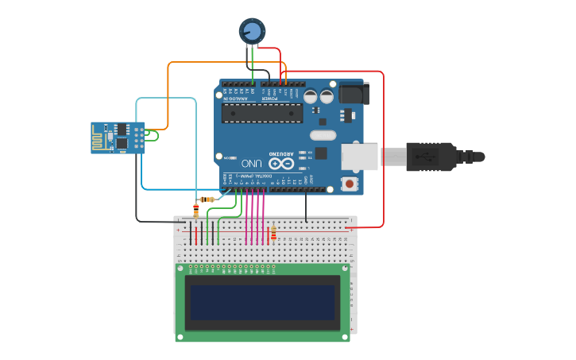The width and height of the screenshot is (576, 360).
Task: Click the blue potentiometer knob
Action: [x=252, y=31]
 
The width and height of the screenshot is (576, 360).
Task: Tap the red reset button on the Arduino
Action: [x=349, y=184]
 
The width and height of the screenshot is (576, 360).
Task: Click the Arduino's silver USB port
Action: [x=359, y=157]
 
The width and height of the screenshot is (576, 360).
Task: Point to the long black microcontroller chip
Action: [x=261, y=112]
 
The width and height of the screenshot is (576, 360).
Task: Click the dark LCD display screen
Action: [x=261, y=302]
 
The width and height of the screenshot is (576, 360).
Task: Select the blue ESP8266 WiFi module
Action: [x=118, y=137]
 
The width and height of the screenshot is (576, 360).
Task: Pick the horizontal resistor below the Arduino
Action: [x=207, y=199]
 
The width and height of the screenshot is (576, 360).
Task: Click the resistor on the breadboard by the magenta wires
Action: [x=273, y=234]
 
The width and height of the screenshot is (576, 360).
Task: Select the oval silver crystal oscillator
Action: [x=323, y=134]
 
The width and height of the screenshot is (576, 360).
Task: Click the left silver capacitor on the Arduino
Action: [x=311, y=95]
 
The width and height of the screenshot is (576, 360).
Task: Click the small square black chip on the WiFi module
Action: [x=122, y=143]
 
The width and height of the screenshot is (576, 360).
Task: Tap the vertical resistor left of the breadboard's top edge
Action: [x=196, y=210]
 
